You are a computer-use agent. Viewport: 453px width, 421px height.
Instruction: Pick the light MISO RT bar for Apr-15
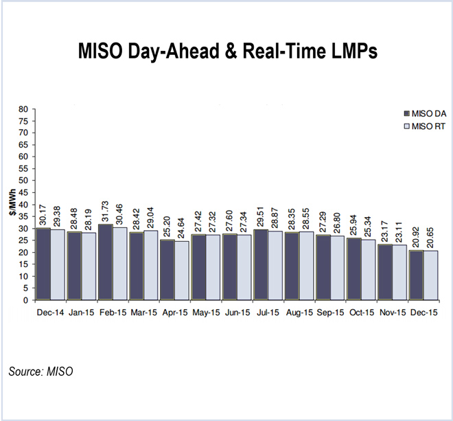click(182, 271)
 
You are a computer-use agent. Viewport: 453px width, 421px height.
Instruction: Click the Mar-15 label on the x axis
click(143, 312)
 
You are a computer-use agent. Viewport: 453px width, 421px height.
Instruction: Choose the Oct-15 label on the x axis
click(360, 312)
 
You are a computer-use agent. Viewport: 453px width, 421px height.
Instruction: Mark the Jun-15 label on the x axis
click(236, 312)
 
